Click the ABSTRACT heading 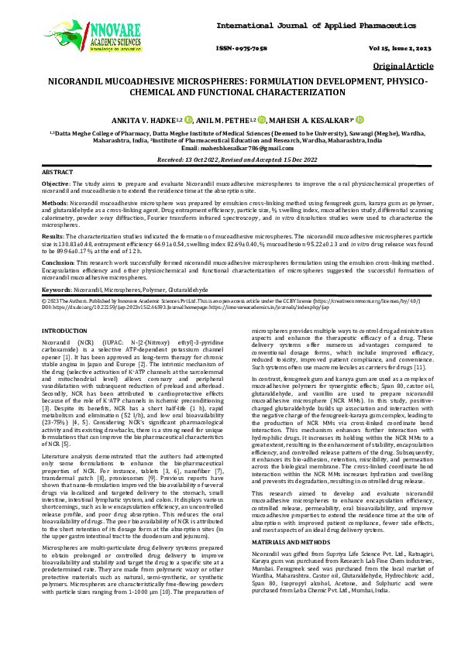click(x=58, y=171)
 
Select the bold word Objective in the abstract click(x=55, y=184)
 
